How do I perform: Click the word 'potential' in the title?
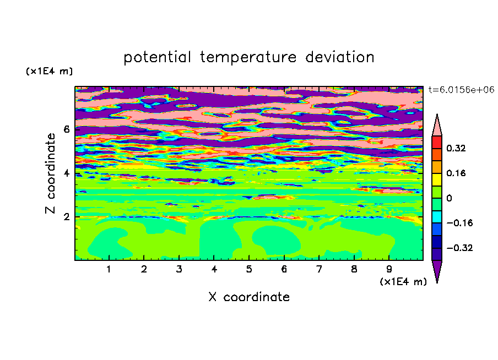157,58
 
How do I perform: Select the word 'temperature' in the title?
248,58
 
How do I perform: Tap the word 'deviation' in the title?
339,57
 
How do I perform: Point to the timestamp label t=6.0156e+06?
461,90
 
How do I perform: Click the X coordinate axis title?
249,297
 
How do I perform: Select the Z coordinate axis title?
50,173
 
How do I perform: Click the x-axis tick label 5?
249,269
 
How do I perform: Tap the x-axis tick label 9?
389,269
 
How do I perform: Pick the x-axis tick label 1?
109,269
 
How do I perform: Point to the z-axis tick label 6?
66,129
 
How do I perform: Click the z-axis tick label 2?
66,217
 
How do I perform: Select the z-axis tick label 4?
66,173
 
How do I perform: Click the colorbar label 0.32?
456,148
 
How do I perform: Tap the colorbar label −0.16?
459,223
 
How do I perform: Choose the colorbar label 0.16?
456,173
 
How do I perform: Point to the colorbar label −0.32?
459,248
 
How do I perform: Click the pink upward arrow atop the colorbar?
437,127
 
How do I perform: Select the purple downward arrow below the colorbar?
437,269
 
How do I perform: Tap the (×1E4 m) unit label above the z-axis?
49,71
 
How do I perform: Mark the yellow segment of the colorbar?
437,179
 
